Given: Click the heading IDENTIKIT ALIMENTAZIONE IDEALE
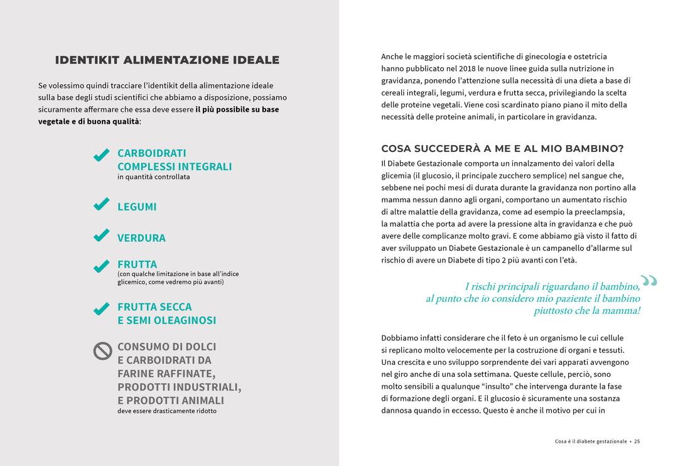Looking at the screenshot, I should [x=167, y=60].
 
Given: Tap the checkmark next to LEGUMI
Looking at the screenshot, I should [x=101, y=205].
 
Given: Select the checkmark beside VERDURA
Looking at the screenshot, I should [x=101, y=236].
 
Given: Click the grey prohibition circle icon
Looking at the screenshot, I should [x=102, y=350].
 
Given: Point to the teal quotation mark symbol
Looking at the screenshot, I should [x=648, y=281].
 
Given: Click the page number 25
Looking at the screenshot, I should [x=637, y=442].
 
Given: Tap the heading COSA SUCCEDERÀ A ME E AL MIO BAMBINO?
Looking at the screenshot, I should [x=502, y=149].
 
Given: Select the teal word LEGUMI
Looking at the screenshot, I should [x=137, y=207].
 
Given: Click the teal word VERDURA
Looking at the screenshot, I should [x=141, y=238].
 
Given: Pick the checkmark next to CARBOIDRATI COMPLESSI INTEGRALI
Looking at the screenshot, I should [x=101, y=155].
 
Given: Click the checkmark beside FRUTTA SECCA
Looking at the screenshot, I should [x=101, y=309].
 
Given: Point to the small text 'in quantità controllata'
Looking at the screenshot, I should [x=153, y=177].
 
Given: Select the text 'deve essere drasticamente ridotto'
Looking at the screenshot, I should [x=167, y=411].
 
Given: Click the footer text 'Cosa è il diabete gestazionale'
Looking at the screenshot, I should [x=591, y=442].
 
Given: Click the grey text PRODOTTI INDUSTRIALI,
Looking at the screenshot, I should [x=179, y=387].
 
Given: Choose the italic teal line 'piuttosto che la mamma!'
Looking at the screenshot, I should [x=586, y=311].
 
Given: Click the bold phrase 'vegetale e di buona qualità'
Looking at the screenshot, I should [x=89, y=121].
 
